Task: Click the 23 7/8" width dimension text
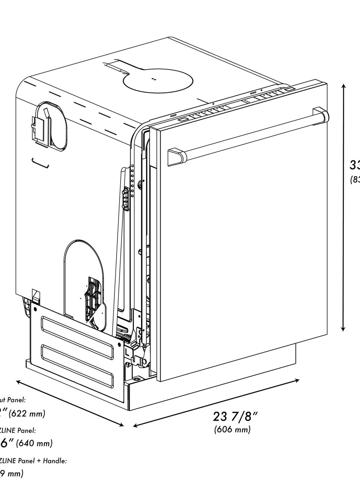[x=235, y=416]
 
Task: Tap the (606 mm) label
[x=232, y=429]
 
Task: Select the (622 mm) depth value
[x=27, y=414]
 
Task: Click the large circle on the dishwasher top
[x=158, y=80]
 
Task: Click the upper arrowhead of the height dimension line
[x=344, y=86]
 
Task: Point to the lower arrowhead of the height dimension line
[x=343, y=329]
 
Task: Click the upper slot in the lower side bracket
[x=79, y=329]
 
